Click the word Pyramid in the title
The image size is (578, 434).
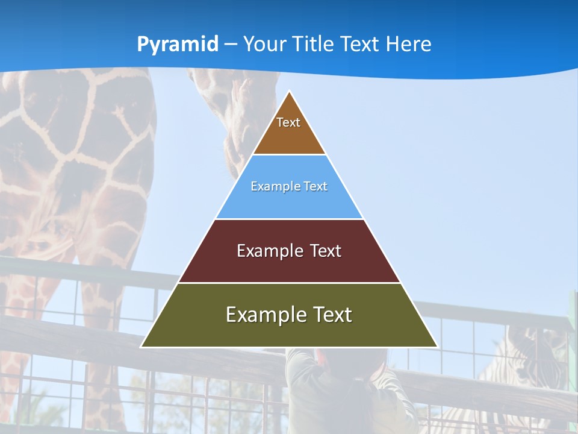click(178, 45)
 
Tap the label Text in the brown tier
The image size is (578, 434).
click(288, 122)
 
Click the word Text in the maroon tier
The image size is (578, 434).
click(325, 251)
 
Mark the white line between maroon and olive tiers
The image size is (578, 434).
click(289, 283)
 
